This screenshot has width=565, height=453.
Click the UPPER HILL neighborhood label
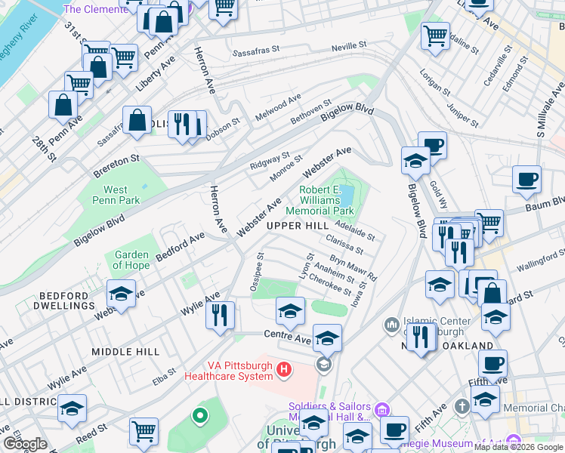point(297,226)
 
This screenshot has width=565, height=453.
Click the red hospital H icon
point(284,369)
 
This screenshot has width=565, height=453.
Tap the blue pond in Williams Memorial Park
point(347,197)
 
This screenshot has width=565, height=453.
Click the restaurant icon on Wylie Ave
point(220,314)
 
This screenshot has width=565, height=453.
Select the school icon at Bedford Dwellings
point(122,294)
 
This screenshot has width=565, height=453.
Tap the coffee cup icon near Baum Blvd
point(526,180)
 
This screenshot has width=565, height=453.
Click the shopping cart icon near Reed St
point(143,432)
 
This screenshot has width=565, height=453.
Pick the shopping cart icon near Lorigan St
point(435,35)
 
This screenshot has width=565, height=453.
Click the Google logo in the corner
point(24,444)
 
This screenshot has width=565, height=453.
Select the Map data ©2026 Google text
point(518,447)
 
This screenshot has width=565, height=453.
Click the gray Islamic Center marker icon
point(391,325)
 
